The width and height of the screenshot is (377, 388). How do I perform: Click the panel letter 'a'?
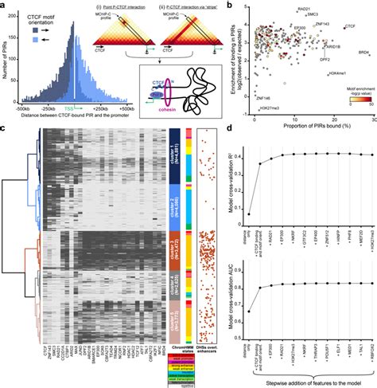tap(4, 5)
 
